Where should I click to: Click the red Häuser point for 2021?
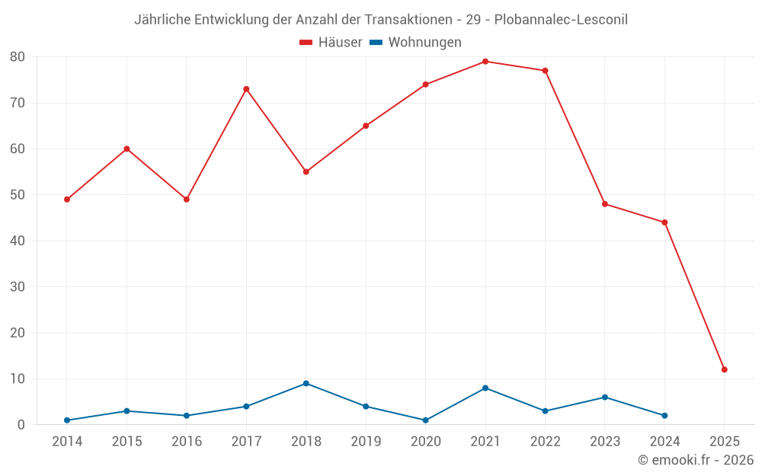(x=485, y=62)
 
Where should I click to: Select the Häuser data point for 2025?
(x=725, y=369)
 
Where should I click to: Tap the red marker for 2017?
(x=246, y=89)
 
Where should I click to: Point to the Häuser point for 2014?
(x=67, y=200)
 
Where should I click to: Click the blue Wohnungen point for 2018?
(x=306, y=383)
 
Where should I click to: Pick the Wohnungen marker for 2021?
(x=485, y=388)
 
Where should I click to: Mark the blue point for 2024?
(x=664, y=416)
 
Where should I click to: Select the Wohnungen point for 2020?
(x=426, y=420)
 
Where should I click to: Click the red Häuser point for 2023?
(x=605, y=204)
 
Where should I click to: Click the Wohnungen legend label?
(x=424, y=43)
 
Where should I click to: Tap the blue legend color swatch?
(x=376, y=43)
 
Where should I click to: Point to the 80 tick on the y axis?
(x=18, y=57)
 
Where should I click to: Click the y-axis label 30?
(x=18, y=287)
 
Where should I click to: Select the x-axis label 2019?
(x=366, y=441)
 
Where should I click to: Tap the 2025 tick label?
(x=725, y=441)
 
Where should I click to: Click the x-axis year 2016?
(x=187, y=441)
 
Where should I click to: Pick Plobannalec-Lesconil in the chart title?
(x=561, y=20)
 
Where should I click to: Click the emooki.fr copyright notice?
(x=696, y=460)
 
